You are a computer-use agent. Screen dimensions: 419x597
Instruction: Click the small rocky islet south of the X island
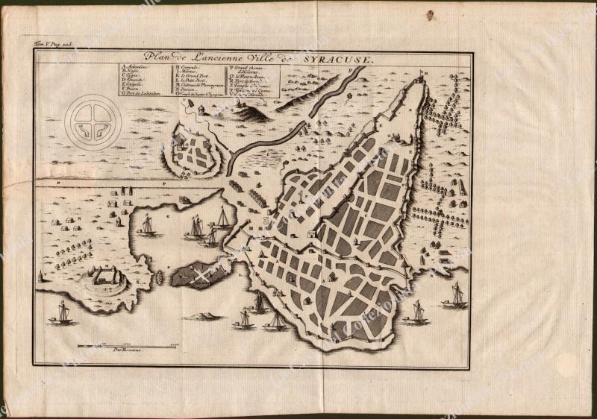coord(197,316)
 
